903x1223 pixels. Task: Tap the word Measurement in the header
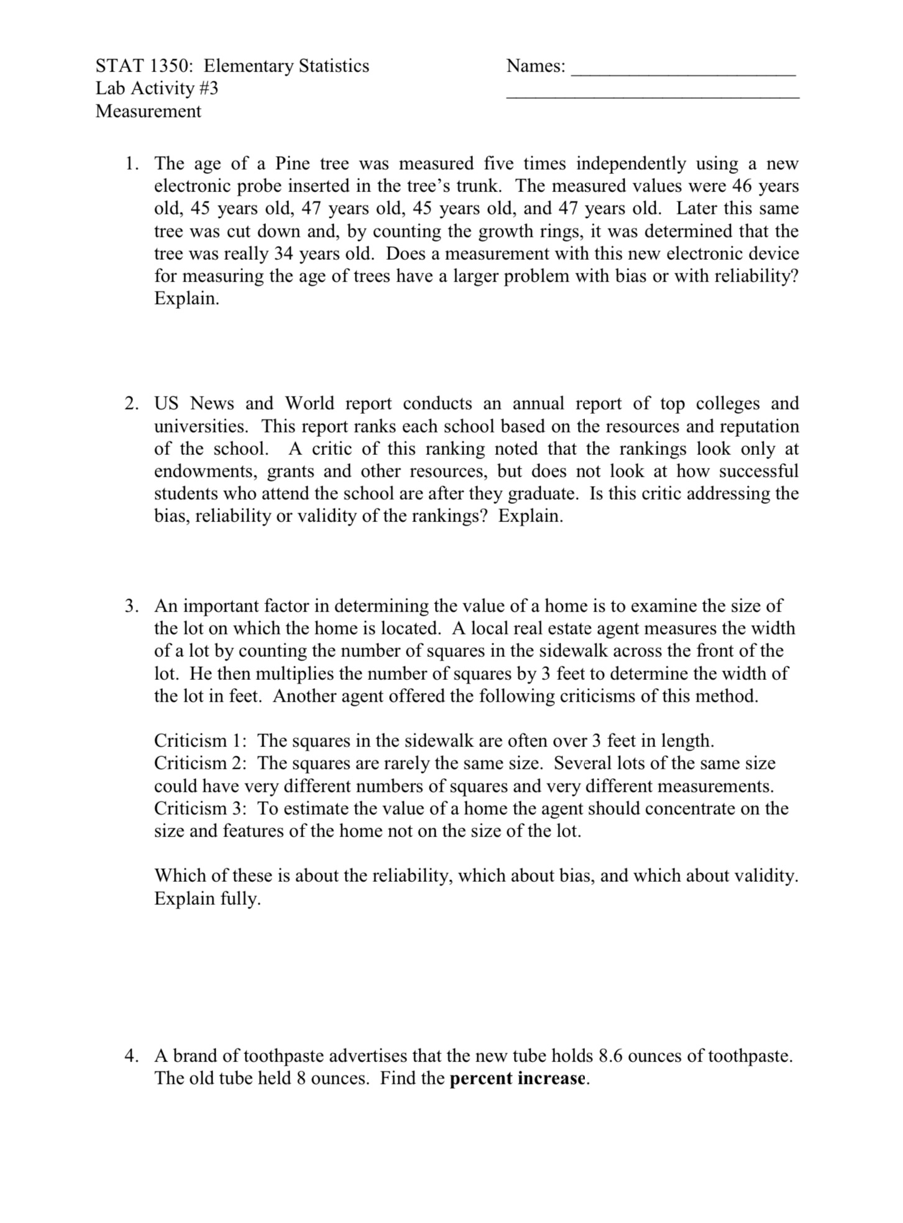(x=148, y=111)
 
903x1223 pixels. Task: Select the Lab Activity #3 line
(x=157, y=88)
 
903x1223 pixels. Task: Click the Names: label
(x=536, y=66)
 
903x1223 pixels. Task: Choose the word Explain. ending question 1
(x=186, y=299)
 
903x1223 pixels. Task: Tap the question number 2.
(x=131, y=404)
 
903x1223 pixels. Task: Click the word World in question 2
(x=309, y=404)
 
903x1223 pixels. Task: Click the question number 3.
(x=131, y=606)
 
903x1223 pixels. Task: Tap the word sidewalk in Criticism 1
(x=439, y=741)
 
